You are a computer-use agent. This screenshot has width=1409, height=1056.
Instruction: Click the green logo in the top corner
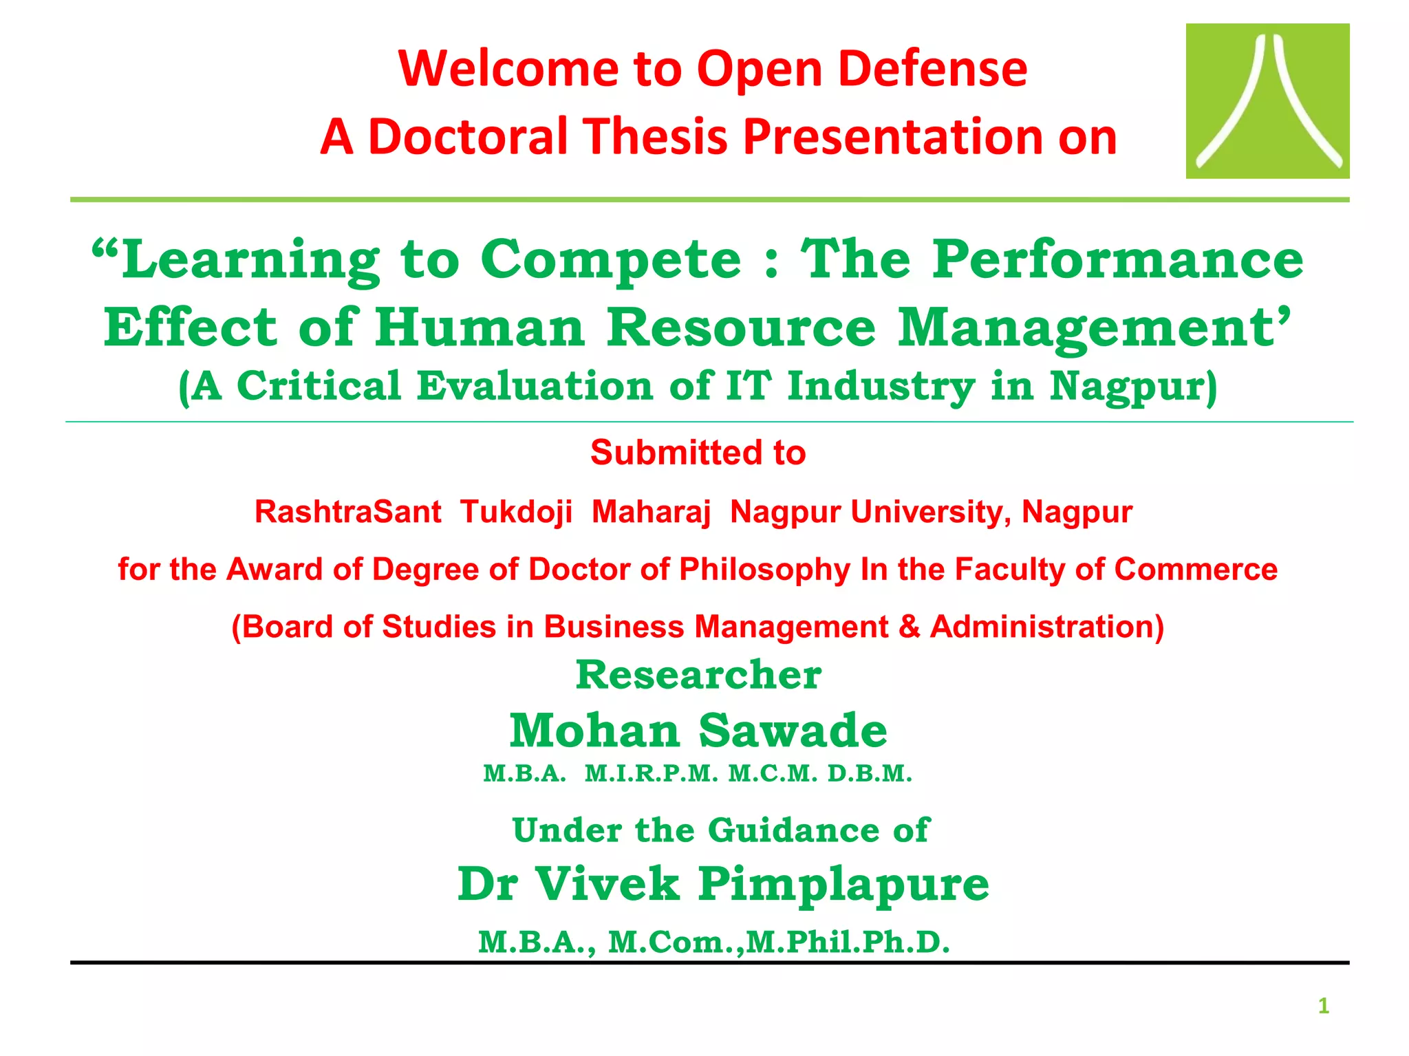click(x=1267, y=101)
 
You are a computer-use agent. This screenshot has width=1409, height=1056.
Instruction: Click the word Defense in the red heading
click(x=933, y=69)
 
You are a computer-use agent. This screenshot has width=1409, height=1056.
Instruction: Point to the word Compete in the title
click(x=611, y=260)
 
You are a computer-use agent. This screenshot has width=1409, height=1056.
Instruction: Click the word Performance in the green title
click(x=1118, y=260)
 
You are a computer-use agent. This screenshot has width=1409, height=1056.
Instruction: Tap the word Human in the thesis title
click(x=480, y=328)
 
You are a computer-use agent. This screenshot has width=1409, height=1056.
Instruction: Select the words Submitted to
click(x=698, y=453)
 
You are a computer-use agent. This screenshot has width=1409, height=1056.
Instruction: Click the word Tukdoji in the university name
click(x=516, y=512)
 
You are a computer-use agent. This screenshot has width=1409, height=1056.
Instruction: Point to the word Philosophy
click(x=764, y=570)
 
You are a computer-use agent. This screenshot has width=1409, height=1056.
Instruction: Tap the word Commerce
click(x=1196, y=570)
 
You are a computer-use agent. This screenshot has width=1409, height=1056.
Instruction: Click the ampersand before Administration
click(x=909, y=627)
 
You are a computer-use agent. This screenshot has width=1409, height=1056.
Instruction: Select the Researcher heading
click(x=698, y=674)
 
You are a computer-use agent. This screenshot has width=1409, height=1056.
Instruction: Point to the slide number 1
click(x=1323, y=1006)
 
